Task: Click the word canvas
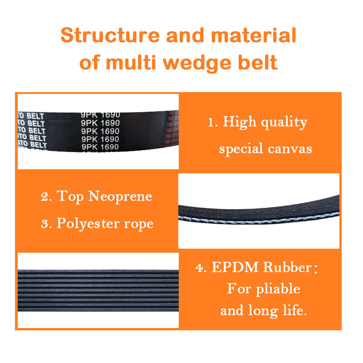(288, 149)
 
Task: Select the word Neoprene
(120, 196)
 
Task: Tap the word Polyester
(89, 224)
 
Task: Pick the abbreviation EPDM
(234, 268)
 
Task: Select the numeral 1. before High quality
(212, 123)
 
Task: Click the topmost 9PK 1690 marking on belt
(100, 115)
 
